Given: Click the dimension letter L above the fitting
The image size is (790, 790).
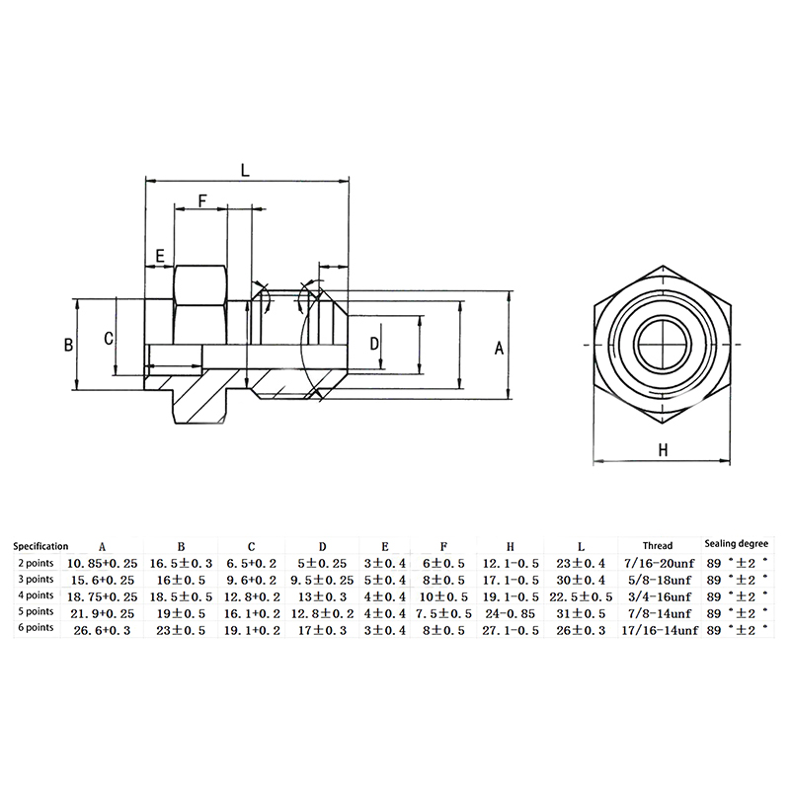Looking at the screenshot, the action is (x=245, y=170).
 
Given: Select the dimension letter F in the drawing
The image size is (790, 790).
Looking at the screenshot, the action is (x=202, y=201).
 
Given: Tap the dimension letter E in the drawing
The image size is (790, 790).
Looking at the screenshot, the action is (x=160, y=257).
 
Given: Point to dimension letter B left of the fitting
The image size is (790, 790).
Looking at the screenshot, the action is (x=68, y=345).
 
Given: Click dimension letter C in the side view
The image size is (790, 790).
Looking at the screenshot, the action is (x=109, y=339).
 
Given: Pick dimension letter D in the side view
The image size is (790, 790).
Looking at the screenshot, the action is (x=374, y=344).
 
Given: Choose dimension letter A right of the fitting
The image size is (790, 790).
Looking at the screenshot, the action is (x=499, y=348).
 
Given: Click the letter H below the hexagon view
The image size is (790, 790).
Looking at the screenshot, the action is (x=663, y=450).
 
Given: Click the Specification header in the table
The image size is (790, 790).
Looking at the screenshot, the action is (x=40, y=546).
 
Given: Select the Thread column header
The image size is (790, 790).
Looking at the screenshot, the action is (x=658, y=546).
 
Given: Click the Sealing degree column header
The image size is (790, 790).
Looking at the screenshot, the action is (x=736, y=544).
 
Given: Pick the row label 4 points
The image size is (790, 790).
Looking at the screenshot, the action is (x=36, y=595).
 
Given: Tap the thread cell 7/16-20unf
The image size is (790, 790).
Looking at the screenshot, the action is (x=659, y=563).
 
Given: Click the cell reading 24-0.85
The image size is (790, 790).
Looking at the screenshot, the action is (x=510, y=613).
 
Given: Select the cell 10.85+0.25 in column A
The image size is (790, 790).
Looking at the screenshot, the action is (x=103, y=563).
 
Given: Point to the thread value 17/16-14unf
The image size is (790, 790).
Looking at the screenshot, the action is (x=660, y=630).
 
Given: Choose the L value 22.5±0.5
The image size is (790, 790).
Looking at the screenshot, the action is (x=581, y=597).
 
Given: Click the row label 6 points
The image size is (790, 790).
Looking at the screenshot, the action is (x=36, y=628).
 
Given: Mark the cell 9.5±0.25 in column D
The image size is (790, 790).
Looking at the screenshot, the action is (x=323, y=581).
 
